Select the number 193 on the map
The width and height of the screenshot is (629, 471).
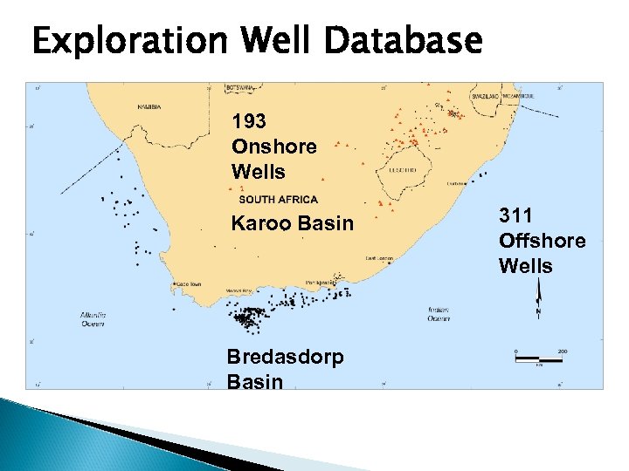(249, 121)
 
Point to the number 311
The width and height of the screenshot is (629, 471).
(515, 215)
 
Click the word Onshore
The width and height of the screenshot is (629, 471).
(274, 147)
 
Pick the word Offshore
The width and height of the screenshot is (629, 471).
(542, 241)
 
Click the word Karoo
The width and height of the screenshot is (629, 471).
(261, 224)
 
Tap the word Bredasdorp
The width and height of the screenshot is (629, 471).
(285, 357)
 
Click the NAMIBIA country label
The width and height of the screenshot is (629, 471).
(149, 107)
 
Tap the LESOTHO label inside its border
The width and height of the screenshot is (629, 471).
(402, 170)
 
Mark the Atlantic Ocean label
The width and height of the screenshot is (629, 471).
(92, 318)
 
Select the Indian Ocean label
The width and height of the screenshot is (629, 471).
(439, 313)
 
